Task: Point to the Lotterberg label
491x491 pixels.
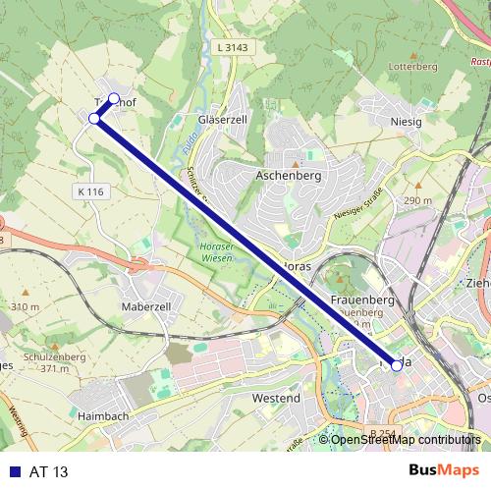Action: (412, 67)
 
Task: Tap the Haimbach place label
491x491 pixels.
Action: (104, 415)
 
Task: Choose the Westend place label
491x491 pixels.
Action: (276, 399)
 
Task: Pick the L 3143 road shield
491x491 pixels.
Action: (230, 47)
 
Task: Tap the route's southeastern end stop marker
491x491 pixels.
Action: (397, 364)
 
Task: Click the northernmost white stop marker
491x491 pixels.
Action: (114, 98)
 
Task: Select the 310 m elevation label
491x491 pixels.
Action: (25, 307)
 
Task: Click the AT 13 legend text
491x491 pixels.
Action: (49, 472)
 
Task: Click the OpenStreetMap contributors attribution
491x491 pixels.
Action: (407, 439)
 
